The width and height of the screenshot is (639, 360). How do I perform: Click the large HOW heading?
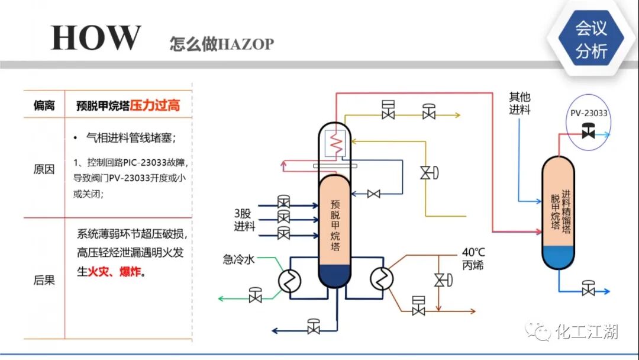pyautogui.click(x=96, y=38)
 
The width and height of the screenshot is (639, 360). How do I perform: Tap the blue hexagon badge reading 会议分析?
pyautogui.click(x=591, y=40)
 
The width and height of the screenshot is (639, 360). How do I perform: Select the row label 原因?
pyautogui.click(x=44, y=169)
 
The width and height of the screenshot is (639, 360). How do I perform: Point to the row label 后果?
pyautogui.click(x=44, y=279)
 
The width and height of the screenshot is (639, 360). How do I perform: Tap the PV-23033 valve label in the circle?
pyautogui.click(x=589, y=112)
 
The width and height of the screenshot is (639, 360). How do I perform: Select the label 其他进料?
pyautogui.click(x=519, y=103)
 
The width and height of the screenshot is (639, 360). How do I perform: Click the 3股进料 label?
pyautogui.click(x=244, y=220)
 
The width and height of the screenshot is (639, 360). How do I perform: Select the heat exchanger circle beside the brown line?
pyautogui.click(x=382, y=278)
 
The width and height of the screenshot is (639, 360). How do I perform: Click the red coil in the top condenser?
pyautogui.click(x=337, y=143)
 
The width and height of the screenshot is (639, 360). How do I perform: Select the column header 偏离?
pyautogui.click(x=44, y=106)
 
